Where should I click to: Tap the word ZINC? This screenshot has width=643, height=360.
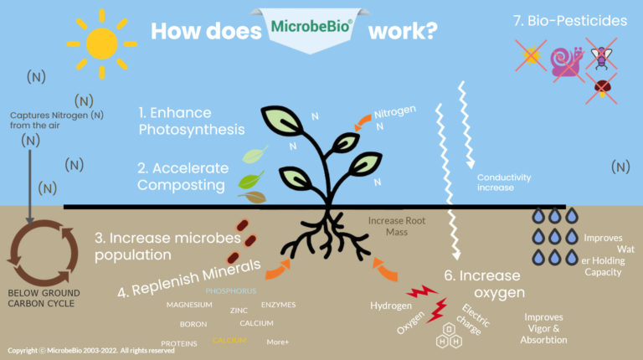239,310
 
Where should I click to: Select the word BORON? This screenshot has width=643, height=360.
193,323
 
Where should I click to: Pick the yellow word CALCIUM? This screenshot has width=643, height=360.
229,341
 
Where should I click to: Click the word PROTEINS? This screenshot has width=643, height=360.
179,343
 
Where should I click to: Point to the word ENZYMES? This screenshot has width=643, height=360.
278,305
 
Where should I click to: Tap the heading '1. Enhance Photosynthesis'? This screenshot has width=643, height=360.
193,121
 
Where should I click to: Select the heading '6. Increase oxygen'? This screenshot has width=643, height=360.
481,284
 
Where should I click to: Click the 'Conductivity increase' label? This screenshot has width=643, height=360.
506,183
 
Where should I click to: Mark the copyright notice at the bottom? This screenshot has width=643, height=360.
90,351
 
